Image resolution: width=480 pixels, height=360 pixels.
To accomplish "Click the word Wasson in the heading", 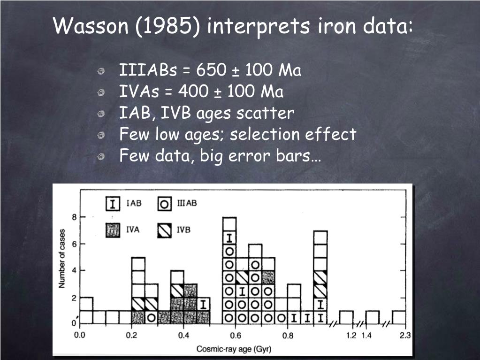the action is tap(91, 25).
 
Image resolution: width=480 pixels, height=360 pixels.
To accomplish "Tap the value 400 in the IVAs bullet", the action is tap(193, 91).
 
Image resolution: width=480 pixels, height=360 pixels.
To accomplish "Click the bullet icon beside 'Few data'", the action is tap(101, 157).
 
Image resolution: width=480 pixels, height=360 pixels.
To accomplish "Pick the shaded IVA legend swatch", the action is tap(113, 230).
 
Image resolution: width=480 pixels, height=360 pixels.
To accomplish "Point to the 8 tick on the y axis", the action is tap(74, 217).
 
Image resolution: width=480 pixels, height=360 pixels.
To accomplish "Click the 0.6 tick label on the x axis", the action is tap(236, 336).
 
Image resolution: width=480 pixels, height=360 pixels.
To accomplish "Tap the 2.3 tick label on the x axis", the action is tap(405, 336).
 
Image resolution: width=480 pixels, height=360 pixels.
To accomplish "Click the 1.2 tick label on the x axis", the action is tap(351, 336).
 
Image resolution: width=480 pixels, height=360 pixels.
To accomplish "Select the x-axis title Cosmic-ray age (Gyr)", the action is tap(234, 349).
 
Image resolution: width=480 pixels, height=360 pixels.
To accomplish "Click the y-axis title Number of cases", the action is tap(62, 258).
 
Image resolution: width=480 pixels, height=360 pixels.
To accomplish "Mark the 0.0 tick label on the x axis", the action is tap(80, 336).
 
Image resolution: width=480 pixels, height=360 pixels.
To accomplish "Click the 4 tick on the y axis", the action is tap(74, 271).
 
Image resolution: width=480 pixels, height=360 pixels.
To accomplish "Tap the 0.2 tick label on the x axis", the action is tap(131, 336).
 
